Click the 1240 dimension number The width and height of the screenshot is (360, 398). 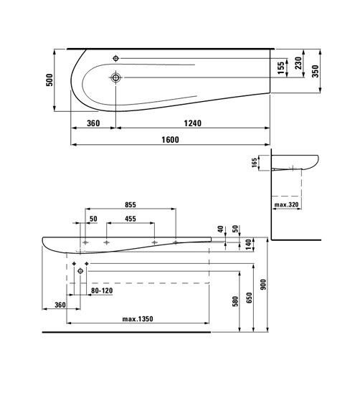pos(192,123)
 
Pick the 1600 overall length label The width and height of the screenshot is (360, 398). pos(169,140)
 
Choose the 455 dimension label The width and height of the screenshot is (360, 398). pos(130,219)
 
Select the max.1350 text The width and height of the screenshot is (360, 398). pos(136,318)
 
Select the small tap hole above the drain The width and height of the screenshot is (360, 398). pos(117,57)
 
